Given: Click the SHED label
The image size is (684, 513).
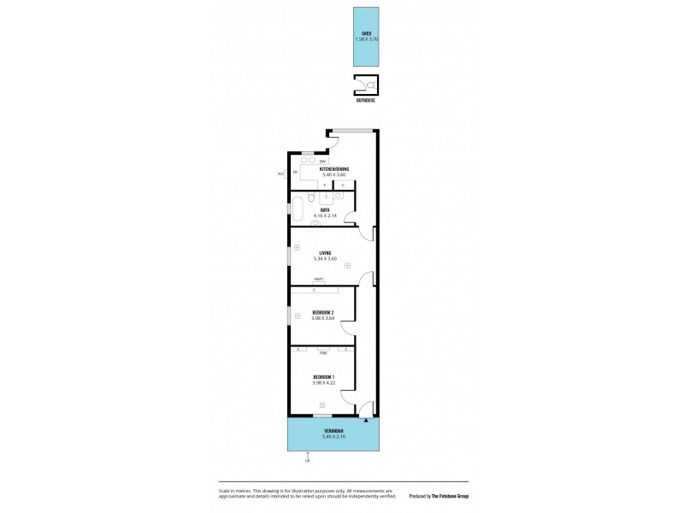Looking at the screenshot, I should pyautogui.click(x=366, y=33).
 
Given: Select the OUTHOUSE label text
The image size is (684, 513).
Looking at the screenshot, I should pyautogui.click(x=365, y=100).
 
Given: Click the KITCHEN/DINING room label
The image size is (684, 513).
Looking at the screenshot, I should pyautogui.click(x=334, y=169).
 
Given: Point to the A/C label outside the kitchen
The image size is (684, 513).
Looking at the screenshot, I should pyautogui.click(x=280, y=174).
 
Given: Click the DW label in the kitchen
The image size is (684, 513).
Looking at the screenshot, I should pyautogui.click(x=322, y=160).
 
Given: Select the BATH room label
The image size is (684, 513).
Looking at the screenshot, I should pyautogui.click(x=325, y=209).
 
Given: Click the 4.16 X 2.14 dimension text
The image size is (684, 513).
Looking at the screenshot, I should pyautogui.click(x=325, y=216).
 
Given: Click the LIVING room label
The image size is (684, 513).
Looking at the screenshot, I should pyautogui.click(x=325, y=252).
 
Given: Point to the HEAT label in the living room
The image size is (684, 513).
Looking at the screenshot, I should pyautogui.click(x=318, y=280).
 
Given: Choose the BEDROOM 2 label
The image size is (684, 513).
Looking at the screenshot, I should pyautogui.click(x=323, y=312).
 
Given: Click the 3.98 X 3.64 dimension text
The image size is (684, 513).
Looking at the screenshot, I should pyautogui.click(x=323, y=319).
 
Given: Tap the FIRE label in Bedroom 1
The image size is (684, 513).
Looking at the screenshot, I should pyautogui.click(x=323, y=351).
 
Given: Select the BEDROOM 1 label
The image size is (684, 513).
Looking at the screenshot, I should pyautogui.click(x=323, y=377).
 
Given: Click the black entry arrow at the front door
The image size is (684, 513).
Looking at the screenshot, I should pyautogui.click(x=366, y=421).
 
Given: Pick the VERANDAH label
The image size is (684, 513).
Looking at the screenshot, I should pyautogui.click(x=333, y=431).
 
